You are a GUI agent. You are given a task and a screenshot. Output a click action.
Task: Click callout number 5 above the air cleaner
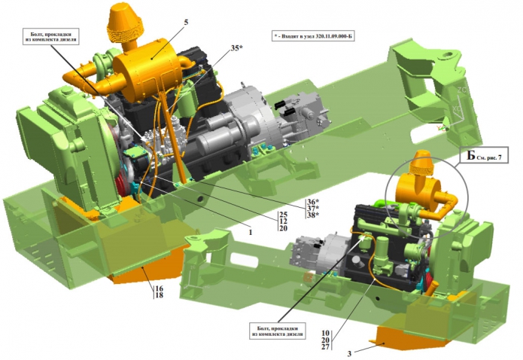click(186, 23)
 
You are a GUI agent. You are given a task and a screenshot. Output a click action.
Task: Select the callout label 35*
click(236, 48)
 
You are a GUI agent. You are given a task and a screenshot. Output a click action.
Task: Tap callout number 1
click(250, 232)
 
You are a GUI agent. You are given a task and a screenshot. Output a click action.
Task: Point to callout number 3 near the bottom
click(349, 354)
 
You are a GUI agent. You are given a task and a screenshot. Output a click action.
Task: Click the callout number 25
click(283, 214)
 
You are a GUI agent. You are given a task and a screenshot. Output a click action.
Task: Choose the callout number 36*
click(313, 202)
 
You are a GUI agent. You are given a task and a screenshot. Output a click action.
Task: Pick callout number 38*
click(313, 215)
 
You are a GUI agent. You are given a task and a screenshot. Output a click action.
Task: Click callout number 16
click(159, 288)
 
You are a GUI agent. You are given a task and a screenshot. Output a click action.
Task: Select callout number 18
click(159, 295)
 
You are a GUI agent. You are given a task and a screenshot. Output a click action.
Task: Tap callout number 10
click(326, 333)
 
